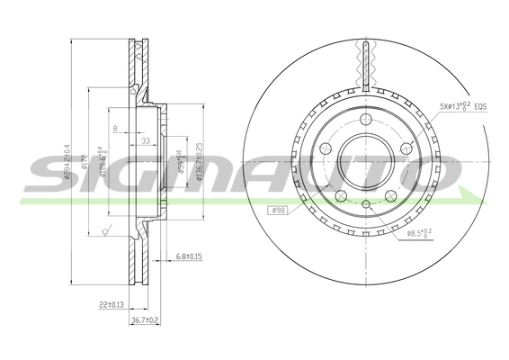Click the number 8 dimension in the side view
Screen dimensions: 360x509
click(115, 130)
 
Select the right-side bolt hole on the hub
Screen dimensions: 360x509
click(407, 151)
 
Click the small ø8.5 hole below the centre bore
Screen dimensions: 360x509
click(366, 204)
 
